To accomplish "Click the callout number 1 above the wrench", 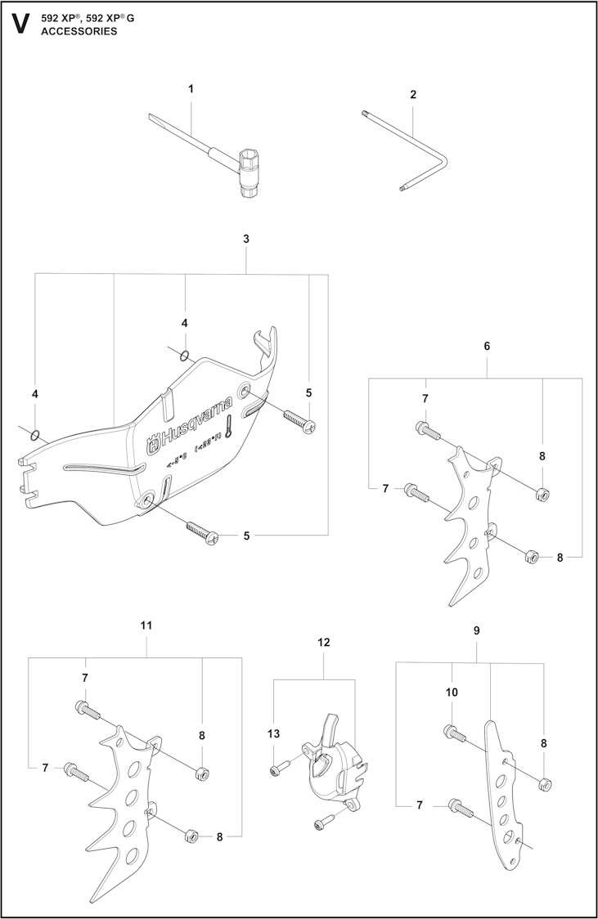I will tap(191, 87).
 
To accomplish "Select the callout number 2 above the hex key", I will tap(413, 95).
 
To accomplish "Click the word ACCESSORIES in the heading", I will tap(79, 31).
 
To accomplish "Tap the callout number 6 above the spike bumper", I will tap(487, 346).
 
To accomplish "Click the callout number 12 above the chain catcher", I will tap(323, 642).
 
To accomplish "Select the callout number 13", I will tap(274, 735).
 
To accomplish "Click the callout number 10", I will tap(452, 692).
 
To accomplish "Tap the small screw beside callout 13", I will tap(278, 768).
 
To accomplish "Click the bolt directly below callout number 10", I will tap(454, 733).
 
